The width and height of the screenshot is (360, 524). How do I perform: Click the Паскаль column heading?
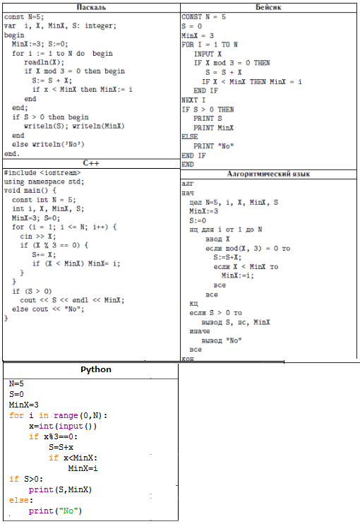(x=91, y=7)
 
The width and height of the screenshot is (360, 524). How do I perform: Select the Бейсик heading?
(x=268, y=7)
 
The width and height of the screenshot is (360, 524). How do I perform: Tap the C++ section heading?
(x=91, y=163)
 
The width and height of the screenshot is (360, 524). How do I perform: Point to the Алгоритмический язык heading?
(x=268, y=174)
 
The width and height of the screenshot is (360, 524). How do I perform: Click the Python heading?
(x=96, y=369)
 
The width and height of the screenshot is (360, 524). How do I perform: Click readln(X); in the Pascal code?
(x=44, y=62)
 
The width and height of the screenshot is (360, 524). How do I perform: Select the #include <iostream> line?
(x=42, y=172)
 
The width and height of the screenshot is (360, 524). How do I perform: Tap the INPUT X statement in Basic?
(x=208, y=54)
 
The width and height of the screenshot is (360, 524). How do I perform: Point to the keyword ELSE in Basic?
(x=190, y=137)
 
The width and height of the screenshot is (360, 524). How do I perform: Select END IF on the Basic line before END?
(x=193, y=155)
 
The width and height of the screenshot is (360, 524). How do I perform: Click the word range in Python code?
(x=66, y=415)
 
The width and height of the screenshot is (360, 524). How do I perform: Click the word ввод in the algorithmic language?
(x=214, y=239)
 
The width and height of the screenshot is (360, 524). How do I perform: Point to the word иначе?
(x=200, y=331)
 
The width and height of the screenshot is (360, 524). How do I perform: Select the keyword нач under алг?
(x=188, y=193)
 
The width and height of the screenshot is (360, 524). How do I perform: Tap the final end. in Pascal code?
(x=12, y=154)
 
